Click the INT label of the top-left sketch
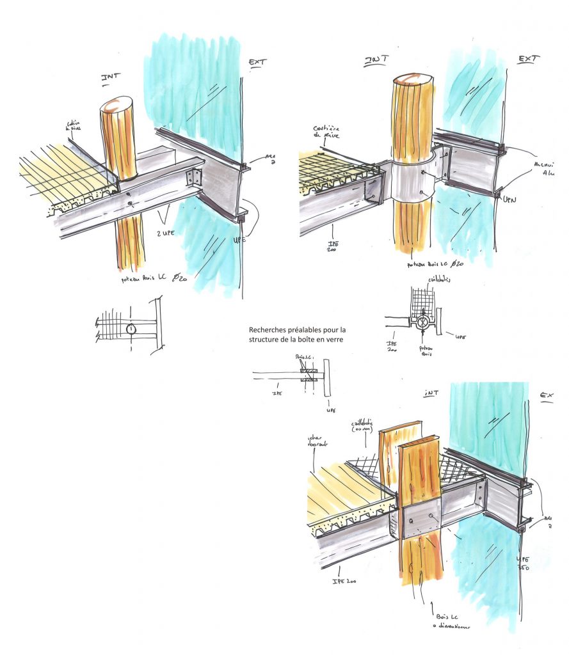(x=111, y=79)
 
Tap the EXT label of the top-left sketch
(x=257, y=62)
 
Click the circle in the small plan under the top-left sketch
(x=131, y=330)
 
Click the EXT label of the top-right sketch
(x=528, y=59)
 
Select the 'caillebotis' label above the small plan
(x=428, y=280)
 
